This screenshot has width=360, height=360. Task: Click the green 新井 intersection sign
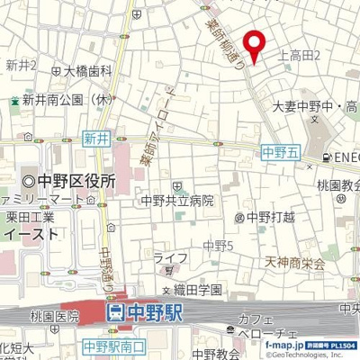[x=95, y=139]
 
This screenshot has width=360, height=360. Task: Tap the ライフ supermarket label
[x=170, y=257]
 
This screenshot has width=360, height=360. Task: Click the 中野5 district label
[x=217, y=245]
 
